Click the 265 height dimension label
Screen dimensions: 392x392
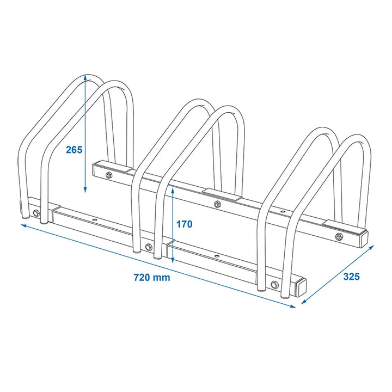[74, 150]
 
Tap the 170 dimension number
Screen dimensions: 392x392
[185, 224]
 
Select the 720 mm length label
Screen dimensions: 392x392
[152, 278]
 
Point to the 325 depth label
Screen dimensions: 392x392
[351, 277]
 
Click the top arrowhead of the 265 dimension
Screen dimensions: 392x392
[85, 77]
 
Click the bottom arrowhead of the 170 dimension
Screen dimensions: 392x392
[173, 261]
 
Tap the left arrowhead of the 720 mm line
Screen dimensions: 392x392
[24, 226]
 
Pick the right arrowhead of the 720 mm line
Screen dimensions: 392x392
[293, 306]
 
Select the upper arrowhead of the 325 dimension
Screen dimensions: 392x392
[371, 247]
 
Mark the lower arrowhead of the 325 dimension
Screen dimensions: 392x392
[304, 302]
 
